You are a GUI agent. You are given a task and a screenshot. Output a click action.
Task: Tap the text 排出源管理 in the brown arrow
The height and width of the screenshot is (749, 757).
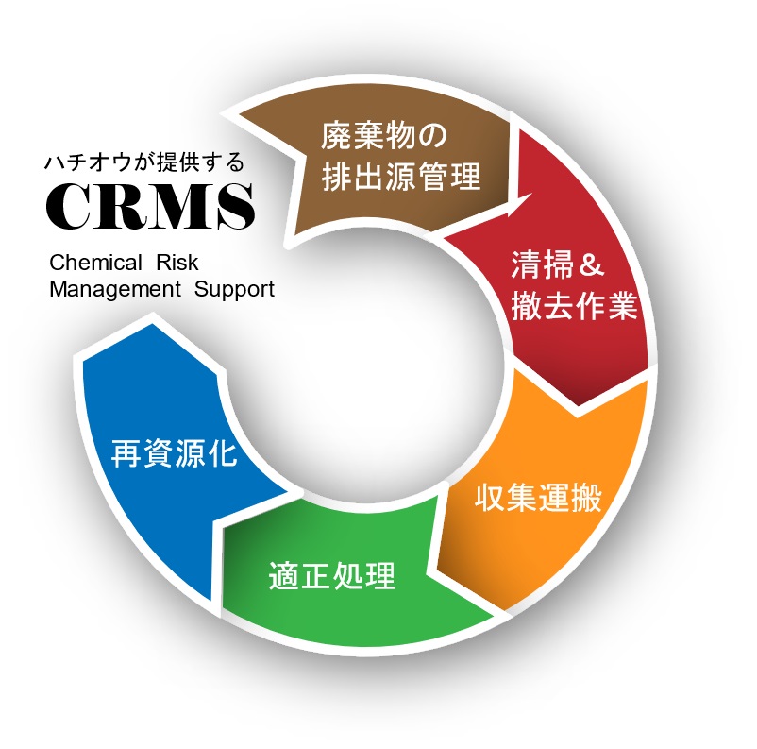pyautogui.click(x=401, y=177)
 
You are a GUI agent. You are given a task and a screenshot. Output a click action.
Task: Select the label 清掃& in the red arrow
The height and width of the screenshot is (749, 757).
pyautogui.click(x=558, y=264)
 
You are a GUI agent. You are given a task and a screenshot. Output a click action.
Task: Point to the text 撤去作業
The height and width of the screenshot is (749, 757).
pyautogui.click(x=575, y=307)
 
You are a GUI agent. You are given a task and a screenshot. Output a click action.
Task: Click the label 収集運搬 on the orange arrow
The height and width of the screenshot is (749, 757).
pyautogui.click(x=538, y=498)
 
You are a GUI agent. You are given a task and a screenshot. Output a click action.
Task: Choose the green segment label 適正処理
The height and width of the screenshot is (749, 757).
pyautogui.click(x=330, y=575)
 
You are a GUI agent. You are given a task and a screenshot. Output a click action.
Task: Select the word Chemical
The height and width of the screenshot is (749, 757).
pyautogui.click(x=95, y=262)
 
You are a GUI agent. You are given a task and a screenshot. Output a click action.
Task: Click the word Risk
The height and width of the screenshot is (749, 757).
pyautogui.click(x=178, y=262)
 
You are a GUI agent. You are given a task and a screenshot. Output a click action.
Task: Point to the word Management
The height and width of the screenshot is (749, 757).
pyautogui.click(x=114, y=289)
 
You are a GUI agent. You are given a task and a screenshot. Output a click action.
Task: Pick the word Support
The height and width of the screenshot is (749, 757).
pyautogui.click(x=234, y=289)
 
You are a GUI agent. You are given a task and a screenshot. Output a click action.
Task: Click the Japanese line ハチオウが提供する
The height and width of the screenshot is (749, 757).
pyautogui.click(x=143, y=162)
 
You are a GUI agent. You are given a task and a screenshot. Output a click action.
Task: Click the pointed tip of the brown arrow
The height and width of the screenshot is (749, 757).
pyautogui.click(x=534, y=196)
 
